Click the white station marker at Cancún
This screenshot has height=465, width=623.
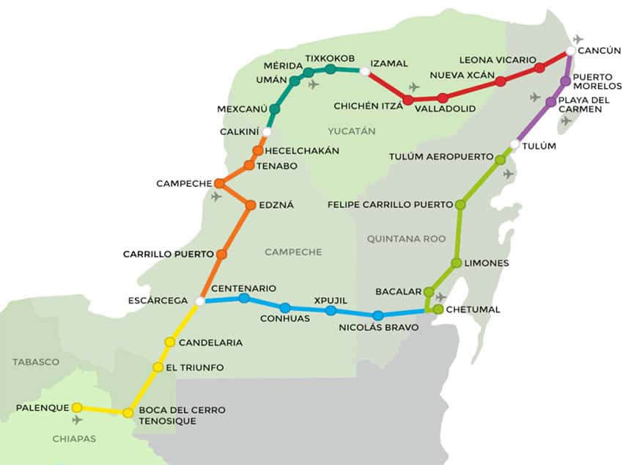570,51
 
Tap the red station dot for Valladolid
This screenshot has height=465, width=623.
443,98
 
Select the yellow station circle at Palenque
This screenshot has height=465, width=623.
77,408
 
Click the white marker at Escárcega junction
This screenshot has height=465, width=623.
200,301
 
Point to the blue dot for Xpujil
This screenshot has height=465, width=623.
331,311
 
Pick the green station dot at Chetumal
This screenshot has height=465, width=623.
438,310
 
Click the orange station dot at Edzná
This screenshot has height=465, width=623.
251,205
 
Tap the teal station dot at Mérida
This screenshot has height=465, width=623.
309,73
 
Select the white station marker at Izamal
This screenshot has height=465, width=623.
364,71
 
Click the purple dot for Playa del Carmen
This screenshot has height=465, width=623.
550,102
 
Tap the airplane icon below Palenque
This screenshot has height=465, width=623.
77,420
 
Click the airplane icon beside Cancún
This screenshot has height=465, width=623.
579,39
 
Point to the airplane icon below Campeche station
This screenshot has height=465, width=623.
216,197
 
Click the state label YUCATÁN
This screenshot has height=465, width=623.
351,131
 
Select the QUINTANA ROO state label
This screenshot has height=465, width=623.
396,238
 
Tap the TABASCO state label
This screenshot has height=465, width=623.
35,362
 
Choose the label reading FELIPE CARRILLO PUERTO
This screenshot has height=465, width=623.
390,205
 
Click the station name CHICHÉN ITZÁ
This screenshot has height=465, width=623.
368,106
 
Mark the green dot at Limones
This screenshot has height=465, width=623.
457,263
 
